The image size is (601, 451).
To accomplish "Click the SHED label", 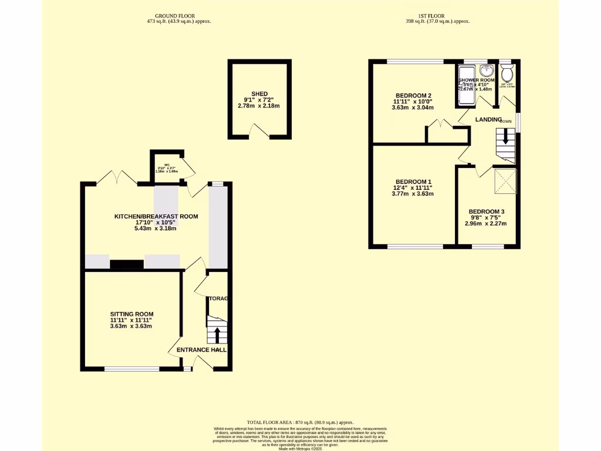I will click(x=259, y=94).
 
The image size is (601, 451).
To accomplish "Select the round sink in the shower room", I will click(x=485, y=71).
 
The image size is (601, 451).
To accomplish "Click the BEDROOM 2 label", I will click(x=413, y=95).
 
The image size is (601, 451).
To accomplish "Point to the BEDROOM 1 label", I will click(x=413, y=181).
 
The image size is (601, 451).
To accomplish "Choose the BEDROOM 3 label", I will click(x=486, y=211).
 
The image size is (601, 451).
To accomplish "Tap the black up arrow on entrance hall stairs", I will click(x=217, y=335).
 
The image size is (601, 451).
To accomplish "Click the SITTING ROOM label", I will click(x=131, y=314).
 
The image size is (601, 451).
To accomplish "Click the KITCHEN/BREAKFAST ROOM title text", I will click(x=156, y=217).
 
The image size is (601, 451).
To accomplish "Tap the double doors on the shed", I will click(x=260, y=131).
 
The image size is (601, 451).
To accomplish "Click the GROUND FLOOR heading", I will click(x=175, y=15).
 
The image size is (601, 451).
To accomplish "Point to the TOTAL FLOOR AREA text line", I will click(x=300, y=422).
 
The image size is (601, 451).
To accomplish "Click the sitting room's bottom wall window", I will click(x=131, y=369).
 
